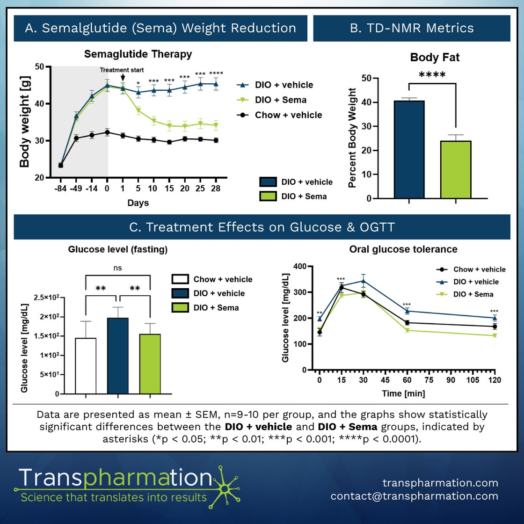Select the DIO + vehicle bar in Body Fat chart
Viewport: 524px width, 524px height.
[x=409, y=150]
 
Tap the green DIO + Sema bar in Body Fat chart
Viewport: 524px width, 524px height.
[x=455, y=169]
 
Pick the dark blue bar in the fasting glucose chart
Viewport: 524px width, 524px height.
[x=117, y=356]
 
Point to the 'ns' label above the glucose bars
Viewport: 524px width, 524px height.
[x=117, y=268]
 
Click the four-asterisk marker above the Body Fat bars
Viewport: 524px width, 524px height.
[x=432, y=75]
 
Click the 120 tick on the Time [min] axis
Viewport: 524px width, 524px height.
[x=495, y=380]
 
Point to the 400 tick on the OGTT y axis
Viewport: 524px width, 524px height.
[x=300, y=267]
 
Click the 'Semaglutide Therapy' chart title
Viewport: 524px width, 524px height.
[x=138, y=54]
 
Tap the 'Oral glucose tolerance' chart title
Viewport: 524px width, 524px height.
[x=403, y=249]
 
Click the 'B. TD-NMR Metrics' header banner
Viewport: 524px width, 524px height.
[x=412, y=28]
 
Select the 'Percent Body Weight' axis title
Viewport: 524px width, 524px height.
[x=352, y=138]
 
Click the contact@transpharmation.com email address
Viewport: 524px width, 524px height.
[x=414, y=496]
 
